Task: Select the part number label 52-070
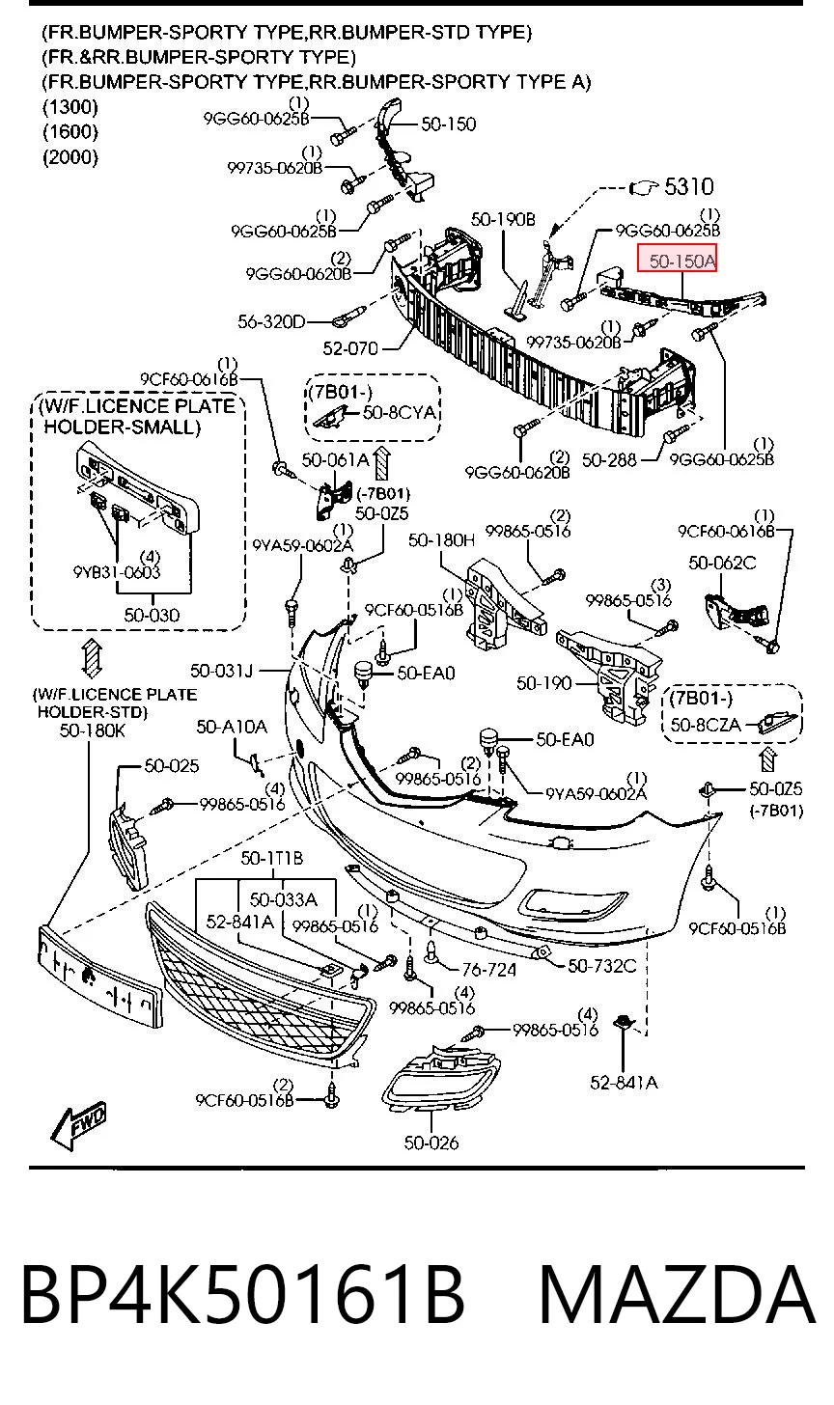(x=350, y=348)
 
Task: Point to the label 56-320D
(x=271, y=321)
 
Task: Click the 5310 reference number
(x=689, y=186)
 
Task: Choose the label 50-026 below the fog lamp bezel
(x=431, y=1143)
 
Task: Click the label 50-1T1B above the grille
(x=271, y=858)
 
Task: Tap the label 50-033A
(x=283, y=899)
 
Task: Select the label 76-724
(x=488, y=971)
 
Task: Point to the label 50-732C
(x=601, y=966)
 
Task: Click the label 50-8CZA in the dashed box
(x=706, y=725)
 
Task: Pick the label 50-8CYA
(x=399, y=412)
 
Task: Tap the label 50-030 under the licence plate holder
(x=152, y=615)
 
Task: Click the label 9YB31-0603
(x=117, y=571)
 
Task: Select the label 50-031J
(x=221, y=671)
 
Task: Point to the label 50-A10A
(x=232, y=727)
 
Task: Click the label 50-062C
(x=722, y=563)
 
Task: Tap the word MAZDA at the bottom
(x=677, y=1295)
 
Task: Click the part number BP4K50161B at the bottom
(x=243, y=1295)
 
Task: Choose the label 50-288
(x=609, y=459)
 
